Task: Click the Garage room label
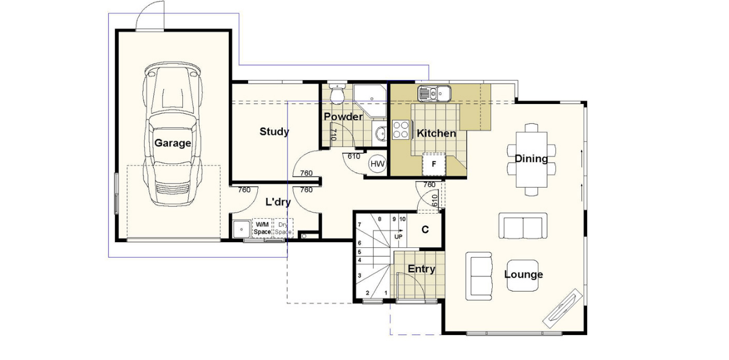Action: [173, 143]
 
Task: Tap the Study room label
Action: [274, 132]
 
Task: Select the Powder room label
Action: [343, 117]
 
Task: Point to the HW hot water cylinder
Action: [378, 164]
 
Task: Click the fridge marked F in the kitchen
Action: [433, 164]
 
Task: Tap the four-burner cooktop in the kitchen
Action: [401, 129]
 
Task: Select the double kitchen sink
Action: [433, 92]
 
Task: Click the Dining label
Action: [531, 159]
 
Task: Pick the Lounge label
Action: [523, 275]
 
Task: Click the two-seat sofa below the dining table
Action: [523, 226]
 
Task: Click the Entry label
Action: [421, 269]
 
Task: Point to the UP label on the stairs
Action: [398, 237]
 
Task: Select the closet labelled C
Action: [425, 230]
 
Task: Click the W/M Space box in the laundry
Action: [262, 228]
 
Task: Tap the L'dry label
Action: [278, 202]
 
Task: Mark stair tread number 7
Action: [360, 225]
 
